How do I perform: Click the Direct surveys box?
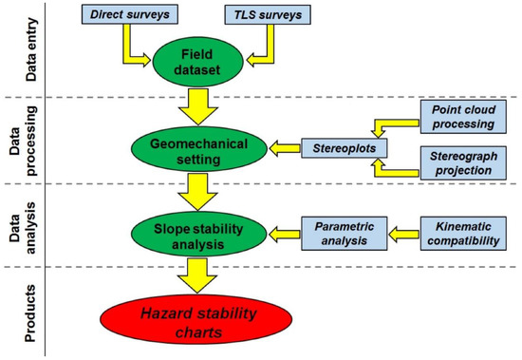(121, 15)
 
